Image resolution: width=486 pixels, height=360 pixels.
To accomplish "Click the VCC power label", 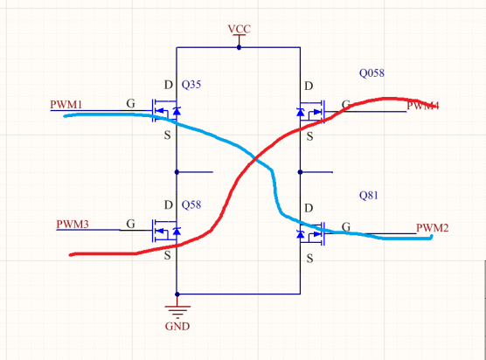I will (239, 29).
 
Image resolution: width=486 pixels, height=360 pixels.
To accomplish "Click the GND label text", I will (177, 327).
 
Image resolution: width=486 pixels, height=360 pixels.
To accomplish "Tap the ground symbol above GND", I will (177, 310).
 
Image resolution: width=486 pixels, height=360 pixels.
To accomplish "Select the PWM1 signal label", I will (66, 105).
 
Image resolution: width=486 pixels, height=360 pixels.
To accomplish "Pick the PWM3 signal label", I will (73, 224).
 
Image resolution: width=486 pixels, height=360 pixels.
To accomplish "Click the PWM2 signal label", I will (432, 228).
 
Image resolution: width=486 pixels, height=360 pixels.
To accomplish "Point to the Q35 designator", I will (191, 86).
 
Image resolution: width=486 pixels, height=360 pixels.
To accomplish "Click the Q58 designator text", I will (191, 204).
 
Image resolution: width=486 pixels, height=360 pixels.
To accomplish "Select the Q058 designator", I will (371, 73).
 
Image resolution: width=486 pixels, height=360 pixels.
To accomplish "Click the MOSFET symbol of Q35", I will (168, 111).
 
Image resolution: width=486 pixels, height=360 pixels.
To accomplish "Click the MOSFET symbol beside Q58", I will (168, 232).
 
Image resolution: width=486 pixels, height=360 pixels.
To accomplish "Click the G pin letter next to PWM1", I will (130, 104).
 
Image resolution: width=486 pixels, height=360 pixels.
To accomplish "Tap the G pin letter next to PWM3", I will (130, 224).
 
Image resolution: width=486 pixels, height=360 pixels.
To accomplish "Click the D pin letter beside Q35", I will (168, 86).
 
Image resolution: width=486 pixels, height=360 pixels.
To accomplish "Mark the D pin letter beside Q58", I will (168, 204).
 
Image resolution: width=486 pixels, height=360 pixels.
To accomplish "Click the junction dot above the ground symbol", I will (177, 294).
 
